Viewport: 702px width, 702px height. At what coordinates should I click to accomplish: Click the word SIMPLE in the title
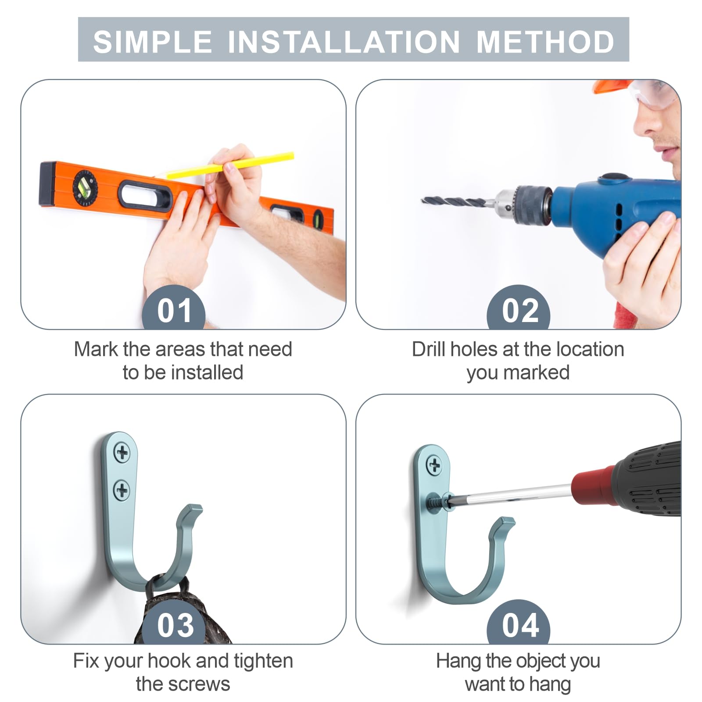click(x=152, y=42)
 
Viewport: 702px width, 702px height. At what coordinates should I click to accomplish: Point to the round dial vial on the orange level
click(x=85, y=188)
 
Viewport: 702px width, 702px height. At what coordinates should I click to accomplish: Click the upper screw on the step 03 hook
click(x=122, y=452)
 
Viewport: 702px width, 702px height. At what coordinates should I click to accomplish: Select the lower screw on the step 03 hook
click(x=122, y=490)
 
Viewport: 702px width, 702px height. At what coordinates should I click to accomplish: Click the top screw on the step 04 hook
click(x=434, y=465)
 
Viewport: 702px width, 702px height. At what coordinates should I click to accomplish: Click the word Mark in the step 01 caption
click(x=96, y=349)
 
